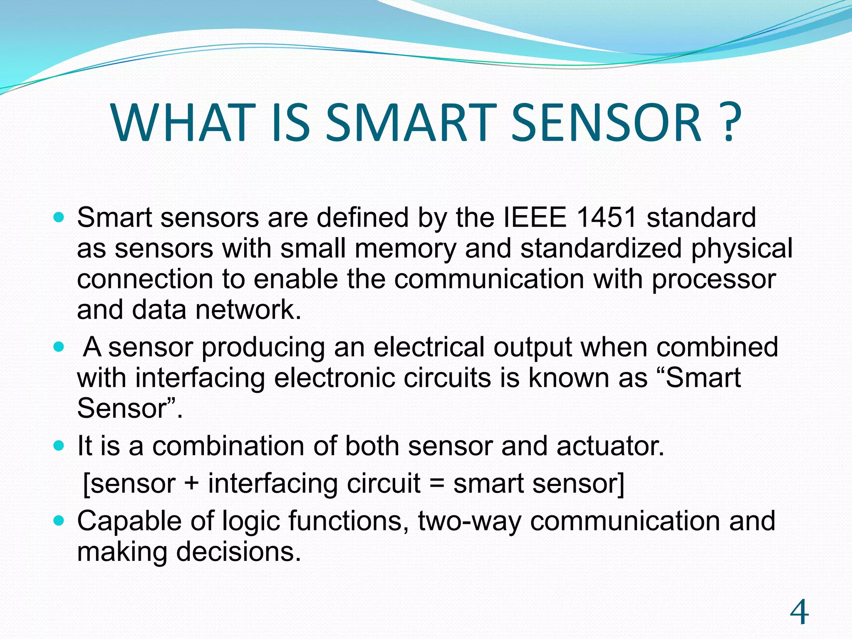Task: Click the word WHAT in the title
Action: coord(183,124)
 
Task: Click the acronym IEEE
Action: coord(535,218)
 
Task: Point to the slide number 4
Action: coord(799,612)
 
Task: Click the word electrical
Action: coord(428,347)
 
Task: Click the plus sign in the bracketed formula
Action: coord(191,484)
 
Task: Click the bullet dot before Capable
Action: coord(59,520)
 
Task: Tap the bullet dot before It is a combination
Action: coord(59,446)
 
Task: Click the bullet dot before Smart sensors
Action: coord(59,217)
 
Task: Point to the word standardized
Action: coord(601,249)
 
